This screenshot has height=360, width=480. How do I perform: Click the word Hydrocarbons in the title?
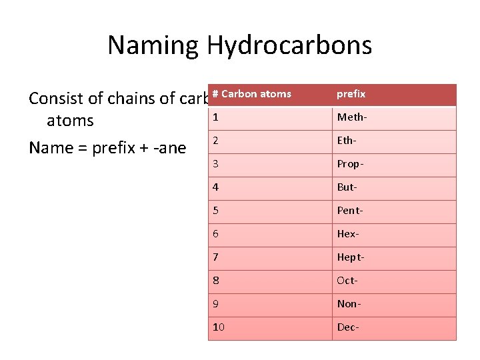289,45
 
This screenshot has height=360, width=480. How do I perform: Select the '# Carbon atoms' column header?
251,94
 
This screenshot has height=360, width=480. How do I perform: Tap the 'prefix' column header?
351,94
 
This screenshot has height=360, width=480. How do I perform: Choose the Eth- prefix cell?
347,141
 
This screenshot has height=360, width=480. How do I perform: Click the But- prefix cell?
347,187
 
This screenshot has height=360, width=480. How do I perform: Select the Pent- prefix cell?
350,211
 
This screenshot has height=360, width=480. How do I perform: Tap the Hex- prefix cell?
348,234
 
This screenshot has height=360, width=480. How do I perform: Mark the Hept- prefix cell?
351,257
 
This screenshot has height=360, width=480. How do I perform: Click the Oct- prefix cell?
347,281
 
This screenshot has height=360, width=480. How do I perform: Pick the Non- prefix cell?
348,304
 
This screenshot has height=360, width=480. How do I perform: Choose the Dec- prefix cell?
348,327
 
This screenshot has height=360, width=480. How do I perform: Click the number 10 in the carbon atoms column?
219,327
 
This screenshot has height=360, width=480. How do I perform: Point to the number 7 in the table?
215,257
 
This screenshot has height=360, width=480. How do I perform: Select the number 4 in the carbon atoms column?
215,187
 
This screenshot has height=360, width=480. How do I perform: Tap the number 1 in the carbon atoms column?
215,118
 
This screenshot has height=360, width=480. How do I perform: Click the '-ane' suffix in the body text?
171,147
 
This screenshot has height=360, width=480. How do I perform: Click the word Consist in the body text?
56,99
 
